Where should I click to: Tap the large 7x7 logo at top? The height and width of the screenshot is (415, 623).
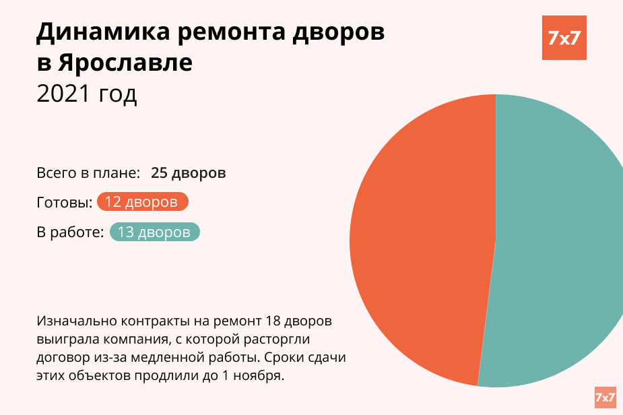pos(564,38)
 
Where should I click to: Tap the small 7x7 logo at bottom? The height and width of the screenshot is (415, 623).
pos(605,397)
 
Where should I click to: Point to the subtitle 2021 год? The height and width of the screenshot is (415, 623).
pos(87,94)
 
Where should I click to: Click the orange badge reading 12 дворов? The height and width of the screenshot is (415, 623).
pos(142,202)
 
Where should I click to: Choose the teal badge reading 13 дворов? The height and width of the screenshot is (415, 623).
pos(154,232)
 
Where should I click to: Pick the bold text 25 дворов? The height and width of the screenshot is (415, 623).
pos(188,172)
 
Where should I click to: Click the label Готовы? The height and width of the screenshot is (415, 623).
pos(65,203)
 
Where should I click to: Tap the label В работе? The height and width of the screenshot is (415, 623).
pos(70,232)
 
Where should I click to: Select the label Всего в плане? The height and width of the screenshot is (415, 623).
pos(88,172)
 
